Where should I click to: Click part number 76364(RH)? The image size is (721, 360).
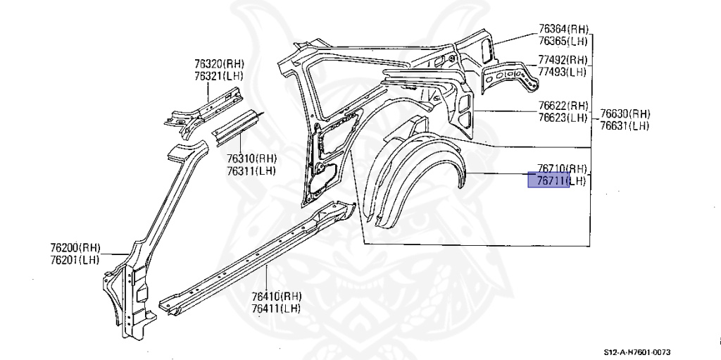coord(563,30)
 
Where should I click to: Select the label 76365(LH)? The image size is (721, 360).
coord(563,42)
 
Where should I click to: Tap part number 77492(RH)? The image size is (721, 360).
coord(563,60)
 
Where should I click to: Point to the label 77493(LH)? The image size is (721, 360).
coord(563,72)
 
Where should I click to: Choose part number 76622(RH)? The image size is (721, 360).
coord(563,106)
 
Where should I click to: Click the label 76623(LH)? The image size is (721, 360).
coord(563,118)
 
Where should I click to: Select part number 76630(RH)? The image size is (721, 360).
coord(625,114)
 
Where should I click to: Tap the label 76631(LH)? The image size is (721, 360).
coord(625,126)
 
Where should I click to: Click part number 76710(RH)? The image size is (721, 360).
coord(562,168)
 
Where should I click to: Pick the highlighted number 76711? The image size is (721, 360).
coord(549,181)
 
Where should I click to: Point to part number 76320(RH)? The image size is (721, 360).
coord(219,63)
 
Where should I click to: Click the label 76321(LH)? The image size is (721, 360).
coord(219,75)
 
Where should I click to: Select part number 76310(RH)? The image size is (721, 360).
coord(251,159)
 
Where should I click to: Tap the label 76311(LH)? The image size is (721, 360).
coord(251,170)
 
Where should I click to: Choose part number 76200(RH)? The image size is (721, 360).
coord(75,248)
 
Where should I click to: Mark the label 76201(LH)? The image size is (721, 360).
coord(75,260)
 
